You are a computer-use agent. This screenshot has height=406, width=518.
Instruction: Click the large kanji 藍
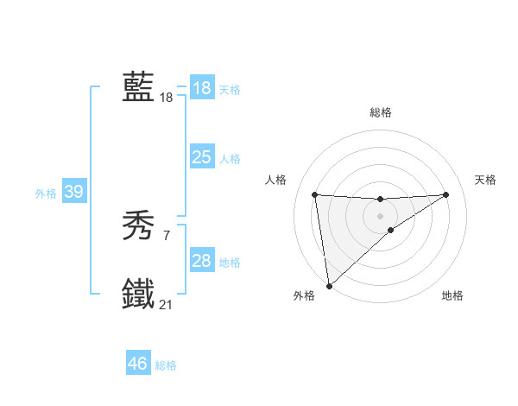tap(138, 87)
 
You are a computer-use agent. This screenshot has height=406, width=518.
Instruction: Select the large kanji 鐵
tap(138, 294)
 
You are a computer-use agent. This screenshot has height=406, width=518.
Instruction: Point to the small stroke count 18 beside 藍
tap(167, 98)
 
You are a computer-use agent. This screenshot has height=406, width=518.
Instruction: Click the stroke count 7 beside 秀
tap(167, 236)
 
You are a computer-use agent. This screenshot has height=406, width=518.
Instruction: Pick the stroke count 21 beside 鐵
tap(167, 304)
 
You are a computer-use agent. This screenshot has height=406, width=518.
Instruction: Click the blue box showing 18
tap(201, 88)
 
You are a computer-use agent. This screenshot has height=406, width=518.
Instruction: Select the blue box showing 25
tap(201, 157)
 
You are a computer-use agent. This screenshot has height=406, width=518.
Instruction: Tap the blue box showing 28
tap(201, 261)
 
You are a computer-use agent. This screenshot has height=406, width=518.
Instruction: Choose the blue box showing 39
tap(73, 192)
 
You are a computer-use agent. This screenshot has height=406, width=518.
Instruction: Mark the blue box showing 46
tap(137, 364)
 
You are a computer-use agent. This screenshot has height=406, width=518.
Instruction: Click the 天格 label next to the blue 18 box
tap(230, 89)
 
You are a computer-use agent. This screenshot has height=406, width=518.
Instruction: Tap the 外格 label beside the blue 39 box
tap(46, 193)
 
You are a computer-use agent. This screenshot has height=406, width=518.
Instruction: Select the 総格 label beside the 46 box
tap(166, 365)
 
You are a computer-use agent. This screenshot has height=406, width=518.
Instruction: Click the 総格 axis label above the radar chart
tap(380, 112)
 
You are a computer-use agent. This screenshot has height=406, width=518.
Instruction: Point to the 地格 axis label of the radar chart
tap(452, 296)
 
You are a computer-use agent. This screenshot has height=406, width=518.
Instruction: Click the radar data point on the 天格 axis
tap(445, 194)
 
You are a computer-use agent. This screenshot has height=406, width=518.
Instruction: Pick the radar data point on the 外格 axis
tap(329, 286)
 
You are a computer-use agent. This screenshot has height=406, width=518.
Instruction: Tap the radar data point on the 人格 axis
tap(314, 194)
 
